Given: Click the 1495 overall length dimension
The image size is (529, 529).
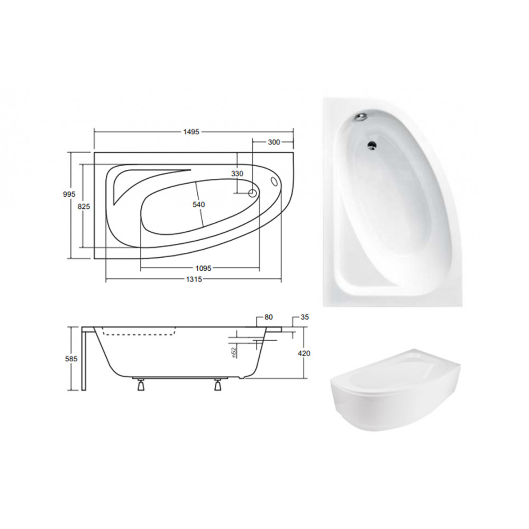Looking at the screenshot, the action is pos(191,132).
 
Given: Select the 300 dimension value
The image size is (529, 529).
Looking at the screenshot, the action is pos(273,142).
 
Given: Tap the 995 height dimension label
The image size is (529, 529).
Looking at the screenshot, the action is pos(69,194).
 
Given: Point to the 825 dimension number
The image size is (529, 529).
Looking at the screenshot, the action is pos(84,206).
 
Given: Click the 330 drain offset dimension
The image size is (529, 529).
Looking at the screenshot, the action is pos(237,174).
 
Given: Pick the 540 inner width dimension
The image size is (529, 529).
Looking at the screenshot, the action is pos(199,204).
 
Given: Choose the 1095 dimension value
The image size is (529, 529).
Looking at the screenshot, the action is pos(203,268).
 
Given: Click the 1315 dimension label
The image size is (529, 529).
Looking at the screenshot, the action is pos(194,279).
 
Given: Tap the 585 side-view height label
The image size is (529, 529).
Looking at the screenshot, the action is pos(71,359).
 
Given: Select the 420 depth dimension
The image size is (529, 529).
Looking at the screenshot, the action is pos(304,353).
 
